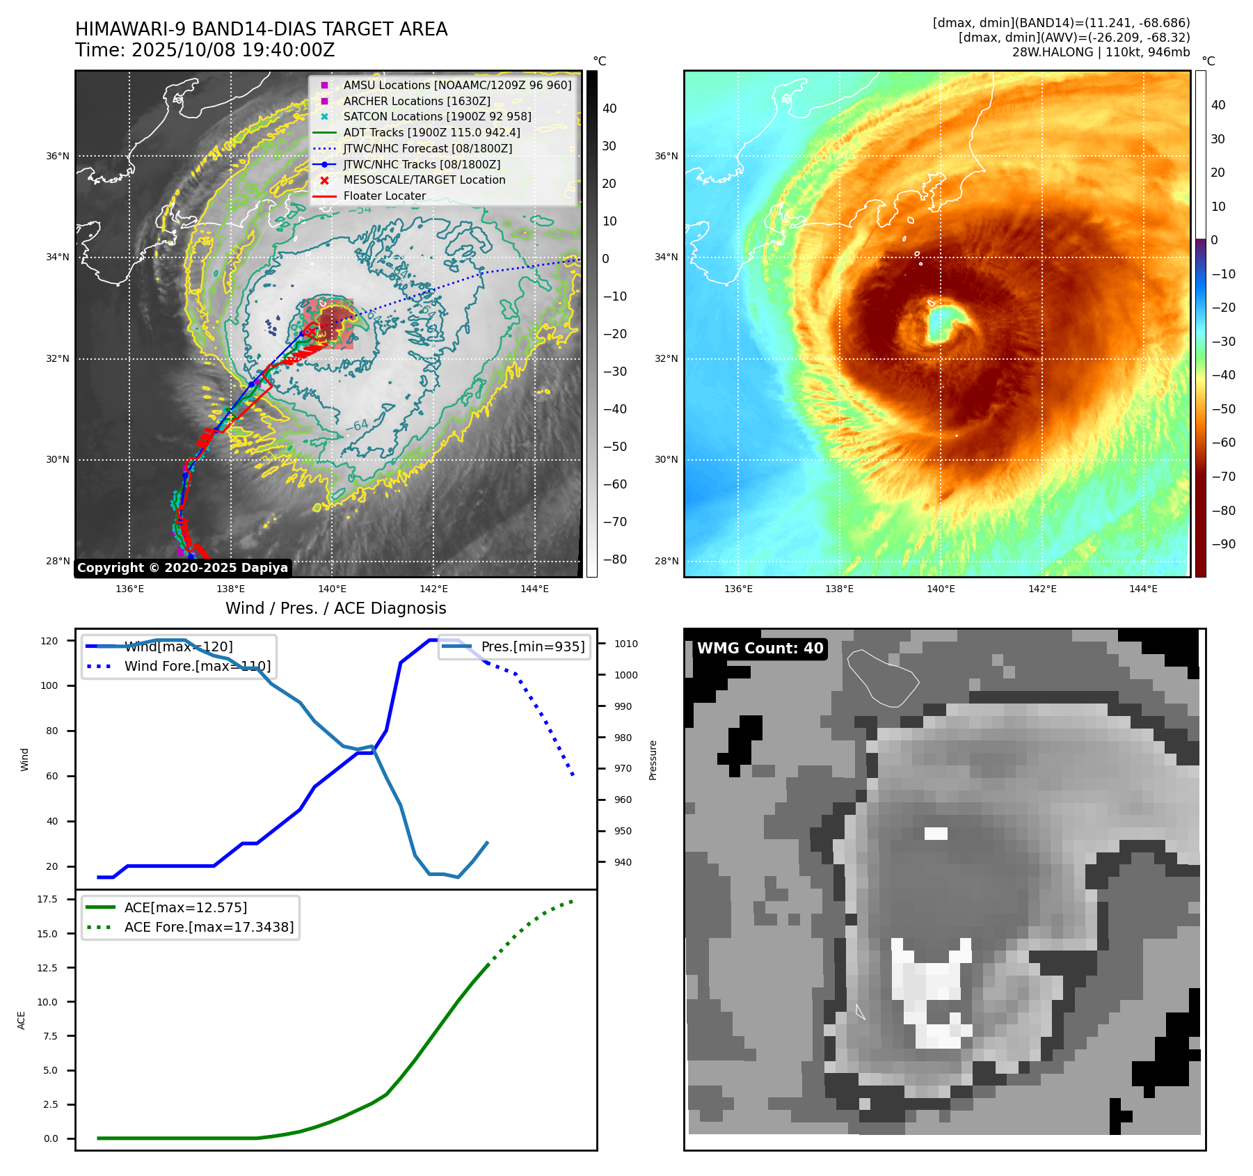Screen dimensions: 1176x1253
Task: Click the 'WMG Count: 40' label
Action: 760,649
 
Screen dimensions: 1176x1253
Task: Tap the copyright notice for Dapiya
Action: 182,568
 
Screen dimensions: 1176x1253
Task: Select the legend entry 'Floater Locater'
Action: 384,196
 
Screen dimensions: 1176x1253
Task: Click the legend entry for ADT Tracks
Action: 431,132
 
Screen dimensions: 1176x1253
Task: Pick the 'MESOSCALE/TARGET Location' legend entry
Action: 424,180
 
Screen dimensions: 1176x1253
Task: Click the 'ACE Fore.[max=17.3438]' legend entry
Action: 209,928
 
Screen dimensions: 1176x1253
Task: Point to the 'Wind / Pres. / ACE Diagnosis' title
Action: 335,608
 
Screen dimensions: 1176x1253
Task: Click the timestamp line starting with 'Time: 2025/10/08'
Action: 205,51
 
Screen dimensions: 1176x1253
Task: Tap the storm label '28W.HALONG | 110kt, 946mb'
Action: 1101,52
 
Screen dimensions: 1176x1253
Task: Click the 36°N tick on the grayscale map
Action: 58,156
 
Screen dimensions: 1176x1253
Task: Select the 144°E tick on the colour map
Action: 1143,589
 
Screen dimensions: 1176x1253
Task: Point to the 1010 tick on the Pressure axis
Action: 625,644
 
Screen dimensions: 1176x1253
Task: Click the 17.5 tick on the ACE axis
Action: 47,899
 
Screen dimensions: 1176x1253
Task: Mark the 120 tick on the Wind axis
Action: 49,641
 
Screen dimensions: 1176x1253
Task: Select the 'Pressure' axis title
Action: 653,760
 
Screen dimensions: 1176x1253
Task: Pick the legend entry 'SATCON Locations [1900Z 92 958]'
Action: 437,117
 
